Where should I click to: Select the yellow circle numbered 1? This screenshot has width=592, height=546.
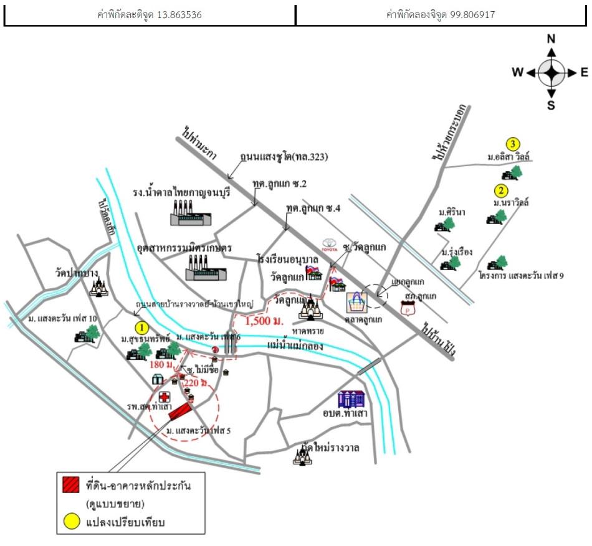[x=143, y=326]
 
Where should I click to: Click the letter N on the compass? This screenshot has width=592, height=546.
[x=551, y=39]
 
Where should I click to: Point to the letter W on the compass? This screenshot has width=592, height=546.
[x=517, y=72]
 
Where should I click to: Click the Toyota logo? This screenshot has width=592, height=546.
[x=328, y=243]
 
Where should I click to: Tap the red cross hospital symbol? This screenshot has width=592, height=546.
[x=165, y=397]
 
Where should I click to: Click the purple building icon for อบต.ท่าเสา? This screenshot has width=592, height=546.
[x=350, y=399]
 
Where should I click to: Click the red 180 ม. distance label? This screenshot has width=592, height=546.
[x=160, y=363]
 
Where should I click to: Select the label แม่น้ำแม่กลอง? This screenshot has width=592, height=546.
[x=295, y=344]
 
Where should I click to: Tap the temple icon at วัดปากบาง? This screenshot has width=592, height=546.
[x=98, y=287]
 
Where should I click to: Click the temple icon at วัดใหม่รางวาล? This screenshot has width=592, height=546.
[x=303, y=457]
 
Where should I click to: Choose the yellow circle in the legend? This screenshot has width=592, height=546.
[x=72, y=522]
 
